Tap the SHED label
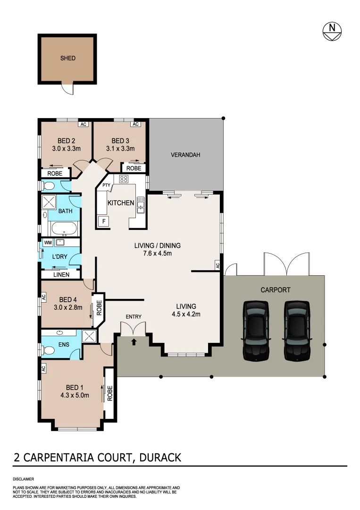click(x=68, y=59)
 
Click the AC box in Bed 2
click(x=83, y=125)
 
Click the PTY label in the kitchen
click(x=106, y=186)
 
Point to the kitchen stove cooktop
click(x=124, y=179)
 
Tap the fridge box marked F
click(x=102, y=221)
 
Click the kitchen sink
click(x=140, y=206)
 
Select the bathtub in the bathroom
click(x=64, y=229)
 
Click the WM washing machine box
click(x=48, y=243)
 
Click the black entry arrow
click(x=134, y=341)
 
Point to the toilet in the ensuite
click(x=48, y=350)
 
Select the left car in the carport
click(x=255, y=331)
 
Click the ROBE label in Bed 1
click(x=109, y=393)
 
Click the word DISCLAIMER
click(x=23, y=478)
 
